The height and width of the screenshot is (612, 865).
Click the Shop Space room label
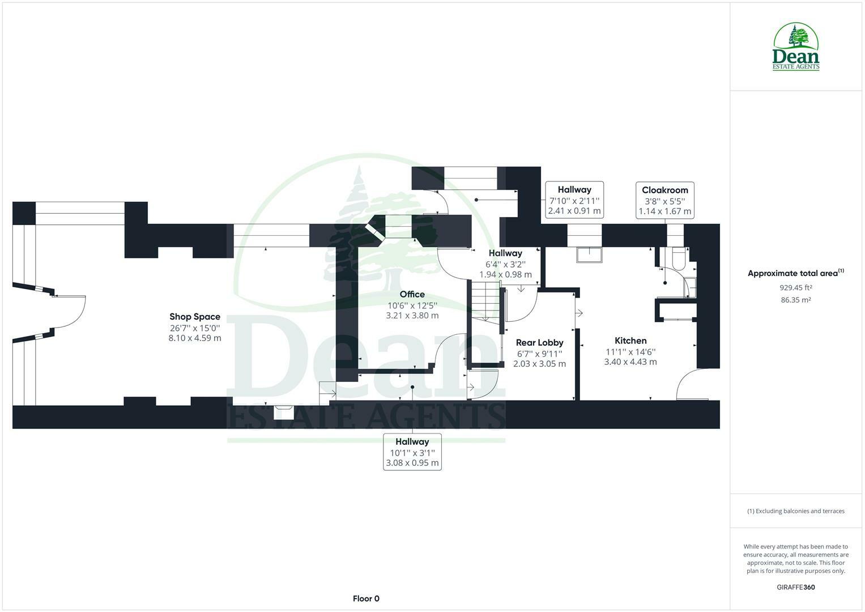[x=195, y=317]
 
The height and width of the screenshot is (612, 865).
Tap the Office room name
[x=412, y=294]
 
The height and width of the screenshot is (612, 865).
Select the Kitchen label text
[x=630, y=341]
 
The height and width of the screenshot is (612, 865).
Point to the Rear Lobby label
[x=539, y=342]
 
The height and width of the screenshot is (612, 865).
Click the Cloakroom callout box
[x=665, y=200]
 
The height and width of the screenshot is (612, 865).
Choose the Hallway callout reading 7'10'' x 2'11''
[x=574, y=200]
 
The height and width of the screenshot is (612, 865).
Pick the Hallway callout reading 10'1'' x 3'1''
[x=412, y=452]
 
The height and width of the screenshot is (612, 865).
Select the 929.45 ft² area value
[x=796, y=287]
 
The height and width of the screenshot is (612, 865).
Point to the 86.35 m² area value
[x=796, y=300]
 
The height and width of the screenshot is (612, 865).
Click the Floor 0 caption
[x=366, y=598]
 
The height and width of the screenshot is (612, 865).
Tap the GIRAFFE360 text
[x=796, y=587]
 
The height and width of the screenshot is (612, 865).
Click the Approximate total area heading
[x=795, y=273]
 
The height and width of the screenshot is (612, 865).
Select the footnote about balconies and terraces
[x=796, y=511]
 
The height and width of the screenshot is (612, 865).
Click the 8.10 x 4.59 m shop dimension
[x=195, y=338]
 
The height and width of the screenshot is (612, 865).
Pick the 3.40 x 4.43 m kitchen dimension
[x=630, y=362]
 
